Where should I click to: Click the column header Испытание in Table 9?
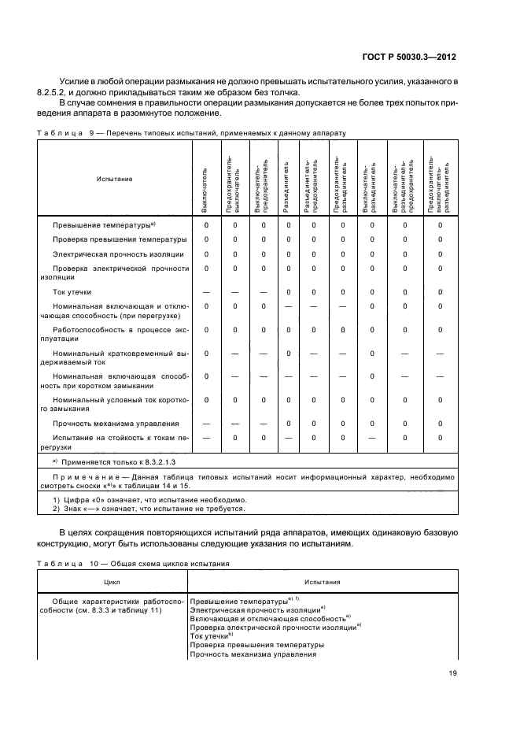click(114, 179)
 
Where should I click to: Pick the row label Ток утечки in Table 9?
click(72, 292)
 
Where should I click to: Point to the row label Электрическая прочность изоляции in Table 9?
click(118, 254)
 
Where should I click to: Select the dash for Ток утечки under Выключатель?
click(206, 292)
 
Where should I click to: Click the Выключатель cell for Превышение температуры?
click(206, 225)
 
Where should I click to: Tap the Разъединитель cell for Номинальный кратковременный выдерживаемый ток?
click(288, 353)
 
